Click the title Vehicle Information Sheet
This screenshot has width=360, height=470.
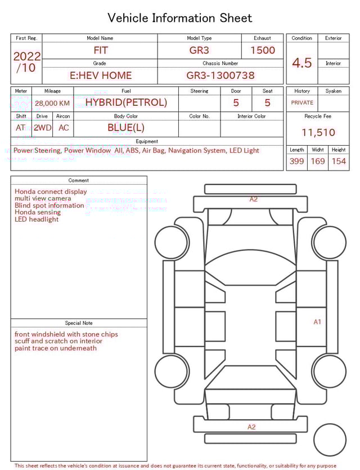pyautogui.click(x=180, y=18)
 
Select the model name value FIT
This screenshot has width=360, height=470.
pyautogui.click(x=101, y=50)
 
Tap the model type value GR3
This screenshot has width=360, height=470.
pyautogui.click(x=199, y=50)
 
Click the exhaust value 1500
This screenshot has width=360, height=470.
pyautogui.click(x=263, y=50)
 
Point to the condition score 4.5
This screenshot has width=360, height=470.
pyautogui.click(x=302, y=62)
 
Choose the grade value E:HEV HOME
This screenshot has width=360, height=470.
pyautogui.click(x=101, y=75)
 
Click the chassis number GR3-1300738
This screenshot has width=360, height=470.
pyautogui.click(x=220, y=75)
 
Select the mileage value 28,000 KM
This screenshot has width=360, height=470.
pyautogui.click(x=52, y=104)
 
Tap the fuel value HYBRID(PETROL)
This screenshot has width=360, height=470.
pyautogui.click(x=126, y=102)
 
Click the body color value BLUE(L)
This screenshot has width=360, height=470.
pyautogui.click(x=126, y=128)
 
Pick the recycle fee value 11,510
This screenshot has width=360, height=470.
pyautogui.click(x=318, y=133)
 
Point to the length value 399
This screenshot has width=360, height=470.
pyautogui.click(x=296, y=162)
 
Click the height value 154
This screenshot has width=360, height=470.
pyautogui.click(x=339, y=162)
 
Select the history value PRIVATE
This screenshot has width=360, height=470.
pyautogui.click(x=302, y=103)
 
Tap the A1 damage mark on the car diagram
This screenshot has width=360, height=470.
pyautogui.click(x=317, y=322)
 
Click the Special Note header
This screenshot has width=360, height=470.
pyautogui.click(x=79, y=323)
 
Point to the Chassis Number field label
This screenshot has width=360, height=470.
pyautogui.click(x=220, y=64)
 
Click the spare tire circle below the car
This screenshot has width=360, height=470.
pyautogui.click(x=330, y=440)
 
